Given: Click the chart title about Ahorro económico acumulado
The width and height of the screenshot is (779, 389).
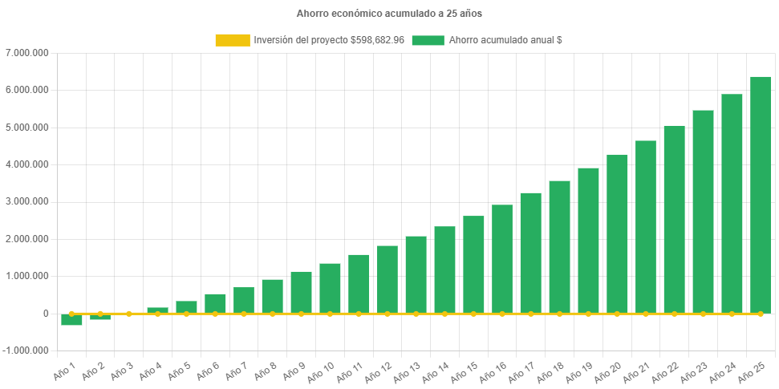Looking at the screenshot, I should click(389, 14).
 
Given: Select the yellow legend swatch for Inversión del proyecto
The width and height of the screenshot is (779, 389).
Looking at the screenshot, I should click(233, 40).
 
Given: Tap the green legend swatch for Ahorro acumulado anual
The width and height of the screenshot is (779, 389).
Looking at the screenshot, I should click(428, 40).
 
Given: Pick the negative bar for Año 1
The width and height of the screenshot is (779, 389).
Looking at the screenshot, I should click(71, 320).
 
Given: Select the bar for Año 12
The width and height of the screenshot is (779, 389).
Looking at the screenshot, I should click(387, 279).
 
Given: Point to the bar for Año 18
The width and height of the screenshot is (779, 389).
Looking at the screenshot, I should click(559, 247).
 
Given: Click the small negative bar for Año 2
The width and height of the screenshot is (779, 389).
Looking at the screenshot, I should click(100, 317).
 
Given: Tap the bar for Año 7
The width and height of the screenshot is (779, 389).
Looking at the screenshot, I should click(244, 300).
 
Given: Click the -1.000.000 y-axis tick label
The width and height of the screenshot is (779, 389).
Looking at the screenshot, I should click(26, 351).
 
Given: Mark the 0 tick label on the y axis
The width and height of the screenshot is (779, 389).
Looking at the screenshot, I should click(46, 314).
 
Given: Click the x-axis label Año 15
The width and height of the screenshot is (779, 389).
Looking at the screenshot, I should click(465, 372).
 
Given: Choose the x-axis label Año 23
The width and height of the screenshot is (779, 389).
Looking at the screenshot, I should click(694, 372).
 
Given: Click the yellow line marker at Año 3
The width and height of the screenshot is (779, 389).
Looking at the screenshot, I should click(128, 314).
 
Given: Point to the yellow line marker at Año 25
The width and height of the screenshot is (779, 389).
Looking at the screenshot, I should click(760, 314).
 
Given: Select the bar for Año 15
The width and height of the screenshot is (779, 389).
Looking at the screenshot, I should click(473, 265).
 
